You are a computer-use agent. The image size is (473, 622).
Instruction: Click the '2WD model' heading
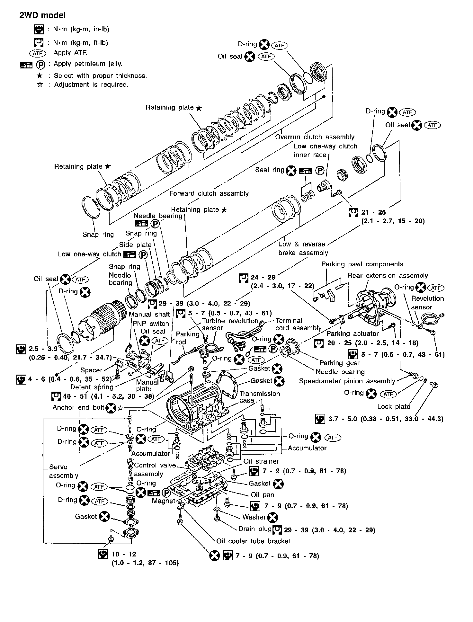(42, 15)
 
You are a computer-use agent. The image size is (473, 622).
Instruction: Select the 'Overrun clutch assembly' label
(315, 137)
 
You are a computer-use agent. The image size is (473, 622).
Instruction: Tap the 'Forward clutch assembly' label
(209, 193)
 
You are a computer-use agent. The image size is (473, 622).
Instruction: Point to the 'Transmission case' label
(259, 397)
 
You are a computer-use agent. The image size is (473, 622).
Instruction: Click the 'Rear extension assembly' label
(388, 276)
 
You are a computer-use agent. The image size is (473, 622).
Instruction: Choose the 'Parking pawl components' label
(362, 264)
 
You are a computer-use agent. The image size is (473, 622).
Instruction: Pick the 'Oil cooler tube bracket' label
(253, 541)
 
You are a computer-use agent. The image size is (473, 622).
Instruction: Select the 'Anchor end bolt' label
(78, 408)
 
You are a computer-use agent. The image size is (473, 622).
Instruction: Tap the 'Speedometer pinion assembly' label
(347, 381)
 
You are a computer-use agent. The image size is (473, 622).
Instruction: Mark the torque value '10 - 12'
(124, 554)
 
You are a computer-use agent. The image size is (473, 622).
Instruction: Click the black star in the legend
(40, 76)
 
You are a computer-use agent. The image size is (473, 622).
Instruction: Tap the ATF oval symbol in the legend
(38, 53)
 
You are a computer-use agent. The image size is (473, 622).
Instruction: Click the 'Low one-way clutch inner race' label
(325, 150)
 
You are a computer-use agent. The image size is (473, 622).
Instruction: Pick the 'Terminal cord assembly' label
(298, 324)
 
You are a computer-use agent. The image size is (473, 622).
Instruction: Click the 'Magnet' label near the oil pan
(164, 501)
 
